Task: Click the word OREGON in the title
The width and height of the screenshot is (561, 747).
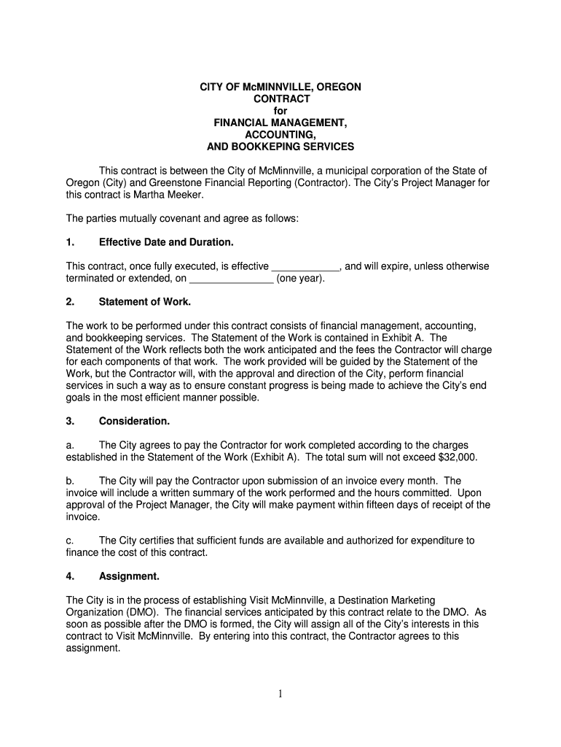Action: coord(336,87)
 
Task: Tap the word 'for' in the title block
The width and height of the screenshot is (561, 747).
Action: coord(280,111)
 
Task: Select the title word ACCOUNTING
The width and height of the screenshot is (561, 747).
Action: coord(280,135)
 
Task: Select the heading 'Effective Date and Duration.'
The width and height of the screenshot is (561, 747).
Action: coord(166,241)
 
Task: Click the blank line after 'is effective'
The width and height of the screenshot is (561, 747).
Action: coord(305,266)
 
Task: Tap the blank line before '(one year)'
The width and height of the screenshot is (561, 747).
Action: coord(231,279)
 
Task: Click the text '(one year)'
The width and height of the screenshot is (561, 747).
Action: coord(301,279)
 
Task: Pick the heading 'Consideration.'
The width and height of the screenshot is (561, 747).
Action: coord(134,421)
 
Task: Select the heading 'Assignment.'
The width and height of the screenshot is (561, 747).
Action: coord(129,576)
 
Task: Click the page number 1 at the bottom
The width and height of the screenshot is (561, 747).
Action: coord(280,694)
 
